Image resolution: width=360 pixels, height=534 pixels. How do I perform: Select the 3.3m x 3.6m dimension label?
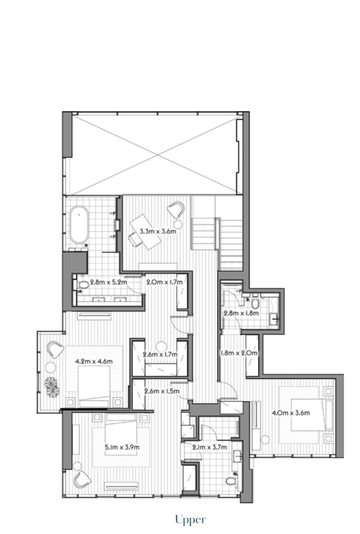click(158, 231)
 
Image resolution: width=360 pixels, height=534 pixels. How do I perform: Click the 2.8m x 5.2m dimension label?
click(109, 282)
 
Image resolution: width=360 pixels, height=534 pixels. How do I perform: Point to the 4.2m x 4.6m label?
click(94, 361)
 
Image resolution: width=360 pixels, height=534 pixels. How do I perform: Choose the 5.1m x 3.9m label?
click(122, 447)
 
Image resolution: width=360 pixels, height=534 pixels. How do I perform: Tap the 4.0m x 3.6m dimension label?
click(291, 413)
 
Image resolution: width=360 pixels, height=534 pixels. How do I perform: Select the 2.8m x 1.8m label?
click(241, 313)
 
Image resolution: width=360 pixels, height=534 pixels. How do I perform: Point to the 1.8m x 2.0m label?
click(239, 353)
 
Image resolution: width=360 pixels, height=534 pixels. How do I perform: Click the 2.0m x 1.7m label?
click(164, 282)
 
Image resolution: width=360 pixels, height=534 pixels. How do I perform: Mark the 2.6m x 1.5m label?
click(162, 391)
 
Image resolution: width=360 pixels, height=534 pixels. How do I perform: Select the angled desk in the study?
click(146, 232)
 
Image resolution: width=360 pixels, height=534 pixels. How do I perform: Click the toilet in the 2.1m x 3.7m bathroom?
click(231, 480)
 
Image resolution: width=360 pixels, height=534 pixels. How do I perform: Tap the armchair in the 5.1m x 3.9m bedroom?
click(83, 479)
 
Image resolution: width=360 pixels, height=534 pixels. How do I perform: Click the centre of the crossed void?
click(158, 154)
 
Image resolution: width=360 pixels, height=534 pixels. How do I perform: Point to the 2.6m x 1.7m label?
click(160, 355)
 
